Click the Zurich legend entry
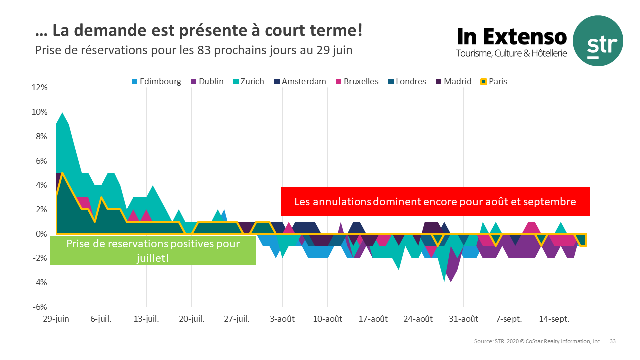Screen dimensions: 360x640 pos(252,81)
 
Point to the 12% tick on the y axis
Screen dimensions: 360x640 pos(39,88)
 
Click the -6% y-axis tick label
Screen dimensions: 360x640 pos(39,307)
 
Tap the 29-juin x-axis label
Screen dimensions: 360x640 pos(56,319)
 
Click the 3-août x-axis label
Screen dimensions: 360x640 pos(282,319)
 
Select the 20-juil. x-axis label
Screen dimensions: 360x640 pos(192,319)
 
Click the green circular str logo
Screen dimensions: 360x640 pos(598,41)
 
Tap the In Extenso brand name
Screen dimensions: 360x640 pos(512,36)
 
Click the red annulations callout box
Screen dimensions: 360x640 pos(435,202)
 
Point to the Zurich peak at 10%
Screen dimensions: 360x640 pos(62,113)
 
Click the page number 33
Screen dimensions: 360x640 pos(612,341)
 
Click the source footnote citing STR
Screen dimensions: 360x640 pos(537,341)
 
